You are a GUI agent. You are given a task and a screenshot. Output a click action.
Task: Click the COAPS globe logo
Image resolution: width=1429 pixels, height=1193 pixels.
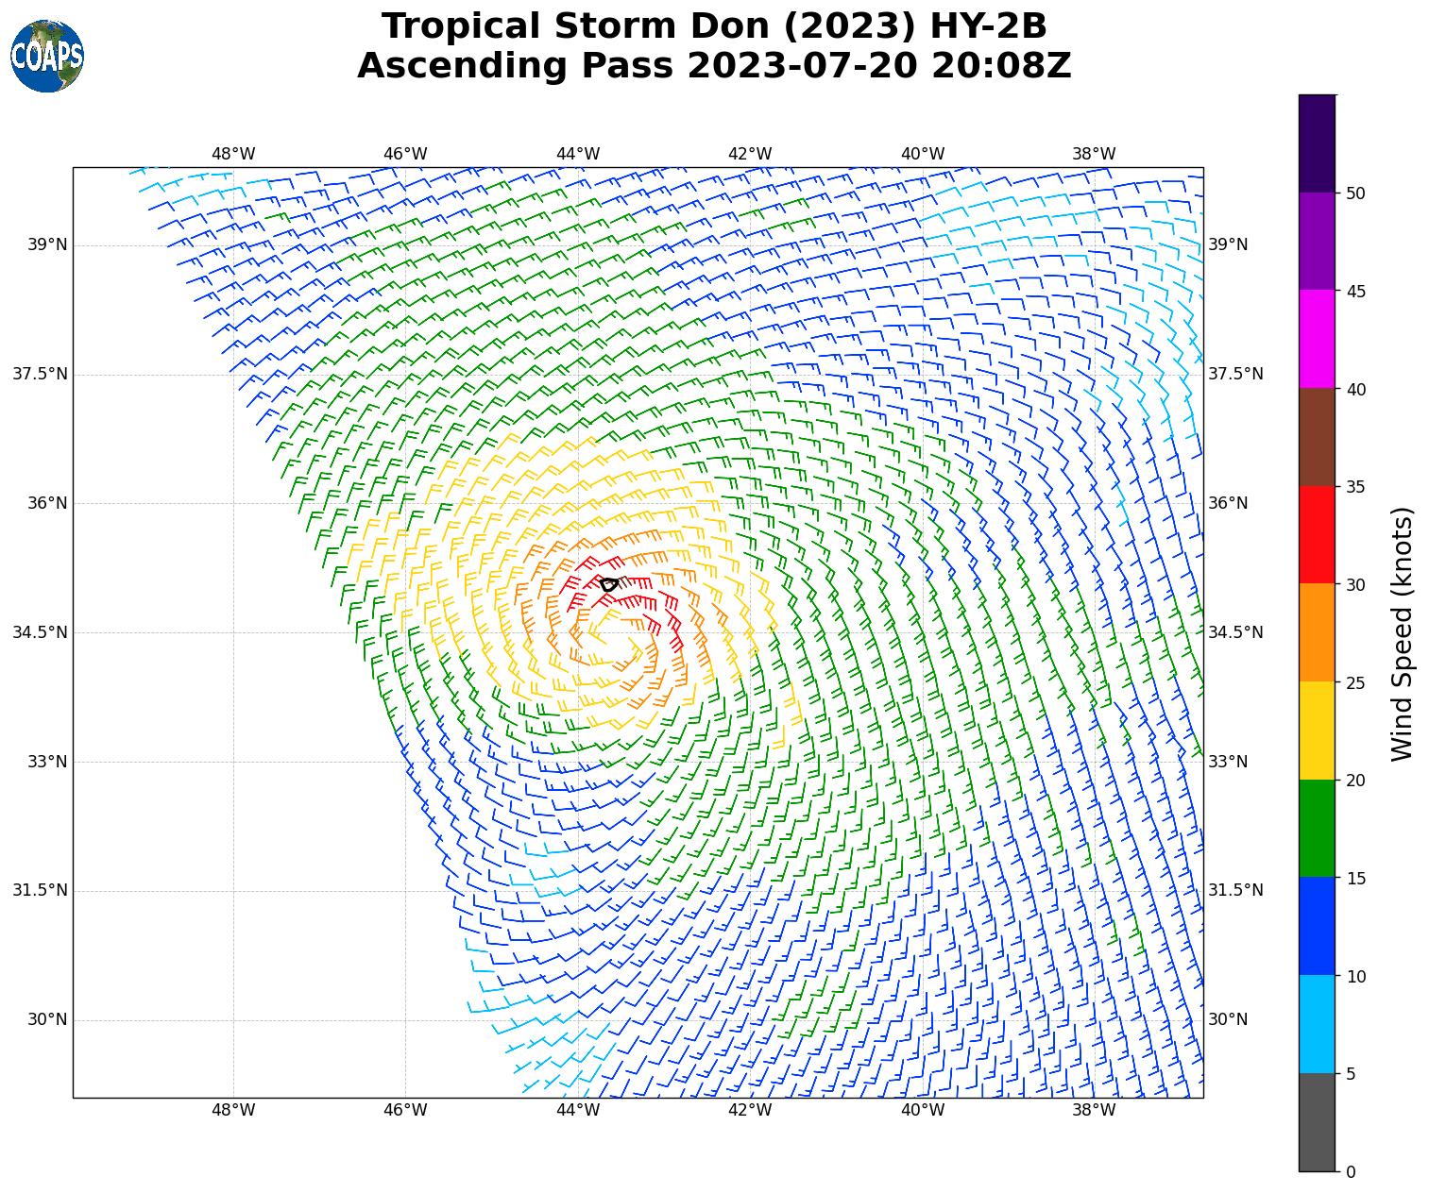click(x=47, y=57)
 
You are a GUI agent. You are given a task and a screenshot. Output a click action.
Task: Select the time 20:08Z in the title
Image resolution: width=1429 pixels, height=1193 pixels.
click(x=1001, y=66)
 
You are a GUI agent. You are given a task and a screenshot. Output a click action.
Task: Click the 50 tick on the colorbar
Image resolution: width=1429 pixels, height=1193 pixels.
click(x=1355, y=193)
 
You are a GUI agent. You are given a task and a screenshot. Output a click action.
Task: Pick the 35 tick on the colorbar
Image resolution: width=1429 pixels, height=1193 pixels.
click(x=1355, y=487)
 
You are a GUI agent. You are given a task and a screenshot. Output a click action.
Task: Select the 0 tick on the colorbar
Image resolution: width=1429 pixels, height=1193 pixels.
click(x=1351, y=1172)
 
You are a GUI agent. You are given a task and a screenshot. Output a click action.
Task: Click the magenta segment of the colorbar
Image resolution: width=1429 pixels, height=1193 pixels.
click(x=1317, y=339)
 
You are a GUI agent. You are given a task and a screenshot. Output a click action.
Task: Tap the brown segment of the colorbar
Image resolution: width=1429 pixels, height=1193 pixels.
click(x=1317, y=437)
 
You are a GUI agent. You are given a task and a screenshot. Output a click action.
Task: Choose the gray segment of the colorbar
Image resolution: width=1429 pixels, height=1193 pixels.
click(x=1317, y=1122)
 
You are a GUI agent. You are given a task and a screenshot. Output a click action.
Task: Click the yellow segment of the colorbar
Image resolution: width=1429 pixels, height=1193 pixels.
click(x=1317, y=731)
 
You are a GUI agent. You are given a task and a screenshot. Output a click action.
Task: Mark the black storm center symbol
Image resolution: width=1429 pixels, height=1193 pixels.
click(x=609, y=584)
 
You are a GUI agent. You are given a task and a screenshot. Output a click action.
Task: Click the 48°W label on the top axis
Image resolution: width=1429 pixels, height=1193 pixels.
click(x=233, y=154)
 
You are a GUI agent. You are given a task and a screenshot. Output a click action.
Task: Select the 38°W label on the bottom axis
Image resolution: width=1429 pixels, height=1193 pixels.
click(x=1095, y=1110)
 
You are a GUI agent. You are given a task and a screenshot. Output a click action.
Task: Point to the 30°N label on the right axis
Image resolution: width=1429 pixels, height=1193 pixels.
click(x=1228, y=1019)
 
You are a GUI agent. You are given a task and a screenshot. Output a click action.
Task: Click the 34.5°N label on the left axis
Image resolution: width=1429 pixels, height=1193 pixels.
click(x=41, y=632)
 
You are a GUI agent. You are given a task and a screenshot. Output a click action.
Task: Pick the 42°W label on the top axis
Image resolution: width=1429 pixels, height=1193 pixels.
click(x=750, y=154)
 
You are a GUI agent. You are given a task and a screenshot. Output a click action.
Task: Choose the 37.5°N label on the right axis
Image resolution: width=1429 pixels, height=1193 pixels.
click(x=1235, y=375)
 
